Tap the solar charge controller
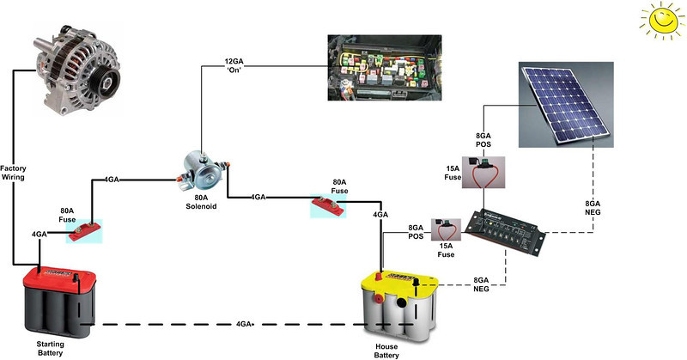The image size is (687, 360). pos(506,231)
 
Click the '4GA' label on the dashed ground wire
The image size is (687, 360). pos(246,326)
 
